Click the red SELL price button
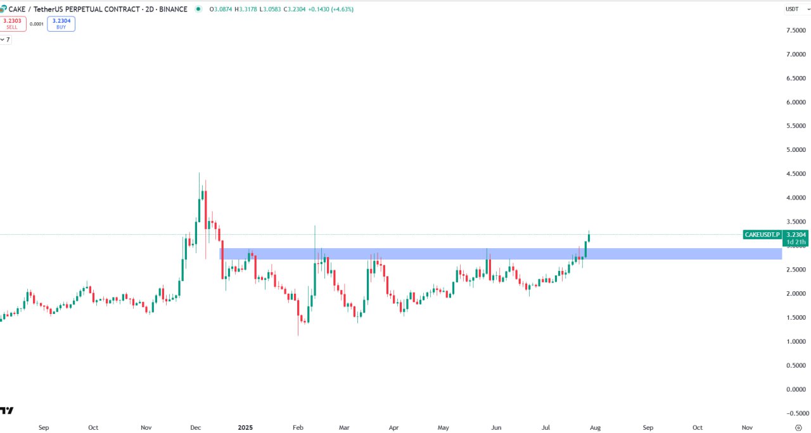[13, 23]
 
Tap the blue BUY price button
[61, 23]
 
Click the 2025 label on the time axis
[245, 427]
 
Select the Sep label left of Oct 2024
[44, 427]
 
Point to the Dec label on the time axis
[196, 427]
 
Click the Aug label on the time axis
[595, 427]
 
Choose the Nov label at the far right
[747, 427]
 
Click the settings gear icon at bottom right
[798, 427]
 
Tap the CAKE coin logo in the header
[4, 9]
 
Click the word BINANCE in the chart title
[172, 9]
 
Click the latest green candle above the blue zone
[589, 238]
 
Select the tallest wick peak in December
[199, 173]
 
